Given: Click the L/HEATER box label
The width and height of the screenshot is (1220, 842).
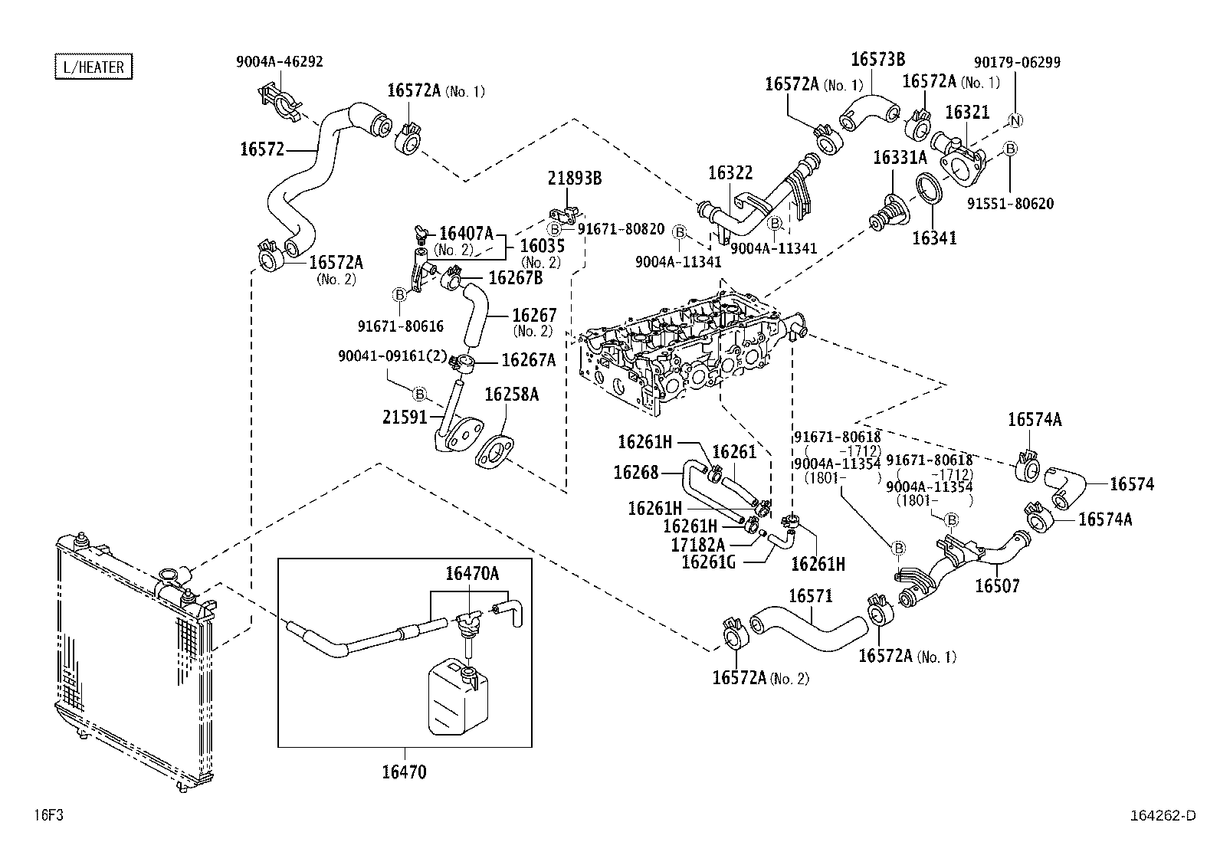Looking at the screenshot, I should point(93,67).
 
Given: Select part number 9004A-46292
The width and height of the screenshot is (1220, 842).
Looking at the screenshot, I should point(279,61).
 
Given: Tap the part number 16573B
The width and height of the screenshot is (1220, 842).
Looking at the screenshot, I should point(878,59).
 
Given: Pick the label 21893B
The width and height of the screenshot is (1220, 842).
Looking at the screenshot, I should point(574,179).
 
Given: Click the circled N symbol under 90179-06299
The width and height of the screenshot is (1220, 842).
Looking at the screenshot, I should point(1015,120).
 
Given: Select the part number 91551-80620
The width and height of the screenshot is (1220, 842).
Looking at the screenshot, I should point(1010,204).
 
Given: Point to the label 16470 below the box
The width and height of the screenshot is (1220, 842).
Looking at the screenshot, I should point(404,772).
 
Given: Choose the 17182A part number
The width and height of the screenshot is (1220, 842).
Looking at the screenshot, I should point(697,544).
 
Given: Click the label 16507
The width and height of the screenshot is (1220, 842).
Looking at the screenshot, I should point(997,586).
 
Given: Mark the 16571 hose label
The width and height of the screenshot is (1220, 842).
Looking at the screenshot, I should point(810,596).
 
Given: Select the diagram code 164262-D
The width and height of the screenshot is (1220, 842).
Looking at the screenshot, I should point(1162,816).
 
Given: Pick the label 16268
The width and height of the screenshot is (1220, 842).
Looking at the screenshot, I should point(635,473).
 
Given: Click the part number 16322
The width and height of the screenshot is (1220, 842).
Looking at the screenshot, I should point(730,173).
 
